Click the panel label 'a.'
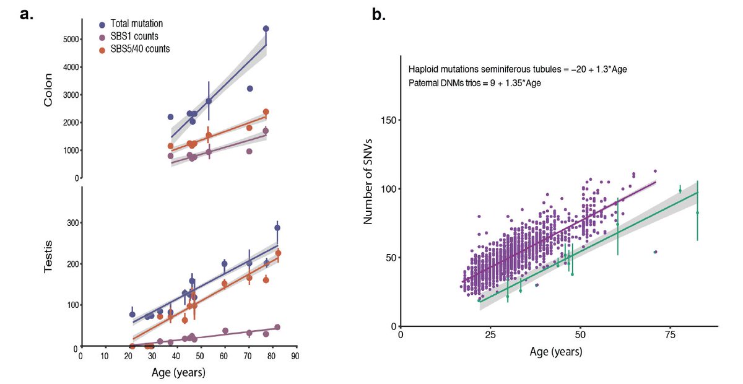pyautogui.click(x=27, y=14)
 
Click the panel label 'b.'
pyautogui.click(x=378, y=14)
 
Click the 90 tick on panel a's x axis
pyautogui.click(x=295, y=357)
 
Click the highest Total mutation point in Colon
pyautogui.click(x=266, y=28)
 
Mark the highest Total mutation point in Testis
pyautogui.click(x=277, y=228)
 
